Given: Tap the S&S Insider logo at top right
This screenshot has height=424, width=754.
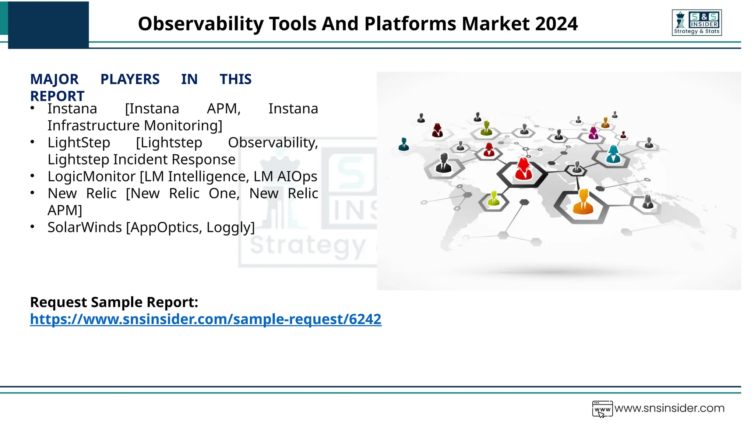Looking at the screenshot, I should (697, 23).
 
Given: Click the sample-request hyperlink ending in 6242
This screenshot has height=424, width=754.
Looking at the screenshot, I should (205, 319).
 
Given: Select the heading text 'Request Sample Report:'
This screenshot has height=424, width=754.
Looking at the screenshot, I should (114, 302).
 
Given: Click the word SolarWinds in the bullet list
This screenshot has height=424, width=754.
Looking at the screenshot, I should (85, 227).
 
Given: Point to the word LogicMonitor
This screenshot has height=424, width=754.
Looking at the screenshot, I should (92, 177).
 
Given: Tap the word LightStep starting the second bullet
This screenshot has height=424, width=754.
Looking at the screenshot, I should (79, 143).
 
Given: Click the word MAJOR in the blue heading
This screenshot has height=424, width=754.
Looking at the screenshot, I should (54, 79).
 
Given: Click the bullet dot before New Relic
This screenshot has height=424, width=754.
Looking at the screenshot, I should (32, 192).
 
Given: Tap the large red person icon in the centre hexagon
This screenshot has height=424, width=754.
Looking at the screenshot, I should (523, 170).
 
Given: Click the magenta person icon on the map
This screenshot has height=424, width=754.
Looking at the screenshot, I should (593, 133).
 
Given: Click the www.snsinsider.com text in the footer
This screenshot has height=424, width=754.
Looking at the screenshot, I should (669, 408).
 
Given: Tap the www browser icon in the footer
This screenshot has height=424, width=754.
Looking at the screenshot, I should (602, 409).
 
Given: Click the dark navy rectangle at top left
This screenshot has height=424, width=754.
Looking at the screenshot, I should (48, 25).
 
